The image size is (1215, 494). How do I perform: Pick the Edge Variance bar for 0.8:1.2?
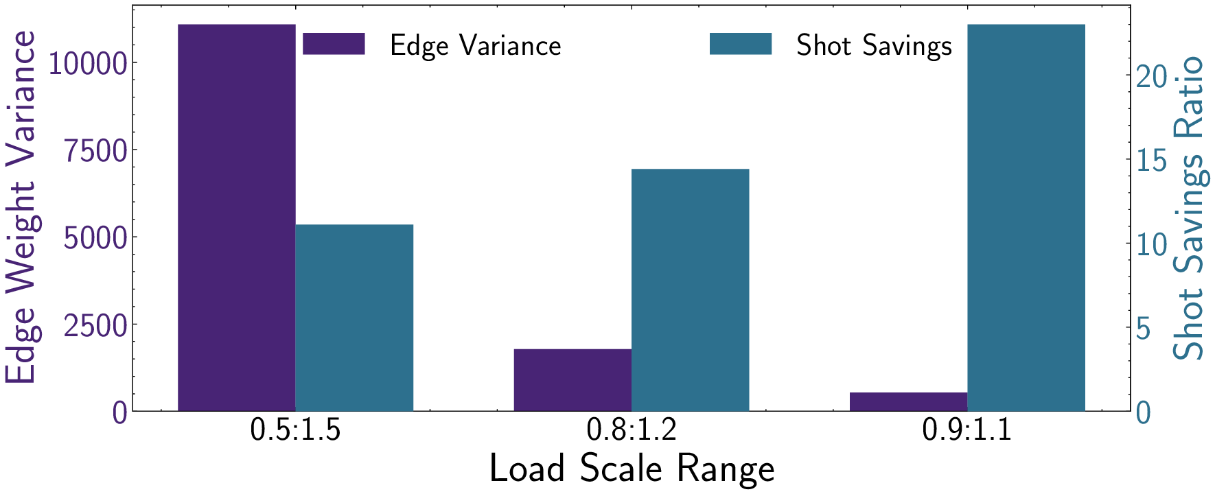[x=572, y=380]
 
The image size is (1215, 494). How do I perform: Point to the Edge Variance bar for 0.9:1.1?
[x=908, y=401]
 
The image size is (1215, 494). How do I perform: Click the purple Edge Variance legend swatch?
[x=334, y=45]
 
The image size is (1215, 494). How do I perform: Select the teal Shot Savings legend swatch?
[x=740, y=45]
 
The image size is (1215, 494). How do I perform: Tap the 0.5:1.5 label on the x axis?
[x=295, y=430]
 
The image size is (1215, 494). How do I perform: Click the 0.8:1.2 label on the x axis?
[x=632, y=430]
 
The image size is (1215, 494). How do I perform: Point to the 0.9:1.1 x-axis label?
[x=967, y=430]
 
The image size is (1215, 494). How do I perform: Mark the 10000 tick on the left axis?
[x=89, y=64]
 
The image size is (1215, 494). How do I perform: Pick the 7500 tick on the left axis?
[x=96, y=151]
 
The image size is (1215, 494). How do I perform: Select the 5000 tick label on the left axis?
[x=96, y=238]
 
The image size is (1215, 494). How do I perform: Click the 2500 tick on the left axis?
[x=96, y=325]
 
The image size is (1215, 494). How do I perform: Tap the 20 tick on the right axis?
[x=1151, y=77]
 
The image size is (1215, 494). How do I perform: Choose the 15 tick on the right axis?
[x=1151, y=161]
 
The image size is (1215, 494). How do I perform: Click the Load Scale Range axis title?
[x=632, y=469]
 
